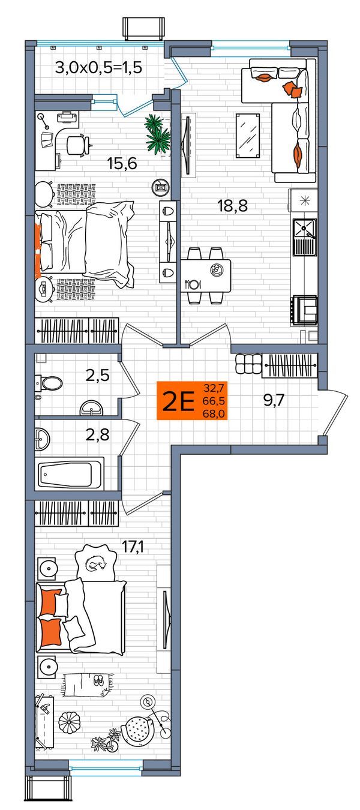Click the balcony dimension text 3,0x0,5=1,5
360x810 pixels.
[98, 68]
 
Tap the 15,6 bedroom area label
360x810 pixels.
[122, 163]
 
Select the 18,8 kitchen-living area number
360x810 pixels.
[232, 206]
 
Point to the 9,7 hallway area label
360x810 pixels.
[274, 400]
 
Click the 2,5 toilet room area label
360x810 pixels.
[98, 376]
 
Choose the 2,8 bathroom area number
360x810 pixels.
[98, 434]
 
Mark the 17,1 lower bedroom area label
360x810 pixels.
[132, 547]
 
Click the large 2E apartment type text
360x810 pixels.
[179, 402]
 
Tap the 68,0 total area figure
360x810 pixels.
[214, 413]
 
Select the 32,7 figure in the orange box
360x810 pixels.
[214, 388]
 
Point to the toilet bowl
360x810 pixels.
[49, 383]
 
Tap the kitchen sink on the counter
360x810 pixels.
[304, 237]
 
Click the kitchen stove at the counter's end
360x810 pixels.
[305, 310]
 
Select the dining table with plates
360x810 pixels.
[206, 275]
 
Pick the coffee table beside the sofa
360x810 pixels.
[248, 136]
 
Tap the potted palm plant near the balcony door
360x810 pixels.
[157, 134]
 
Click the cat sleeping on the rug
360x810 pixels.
[95, 563]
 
